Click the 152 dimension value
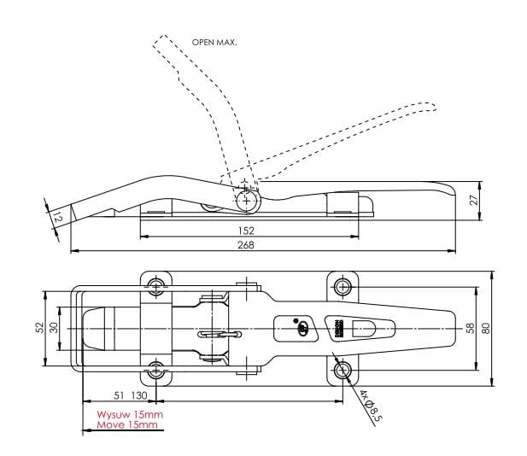coord(248,231)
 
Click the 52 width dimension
coord(40,328)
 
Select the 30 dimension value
coord(53,328)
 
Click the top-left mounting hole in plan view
coord(156,285)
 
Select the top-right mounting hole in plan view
coord(343,285)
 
